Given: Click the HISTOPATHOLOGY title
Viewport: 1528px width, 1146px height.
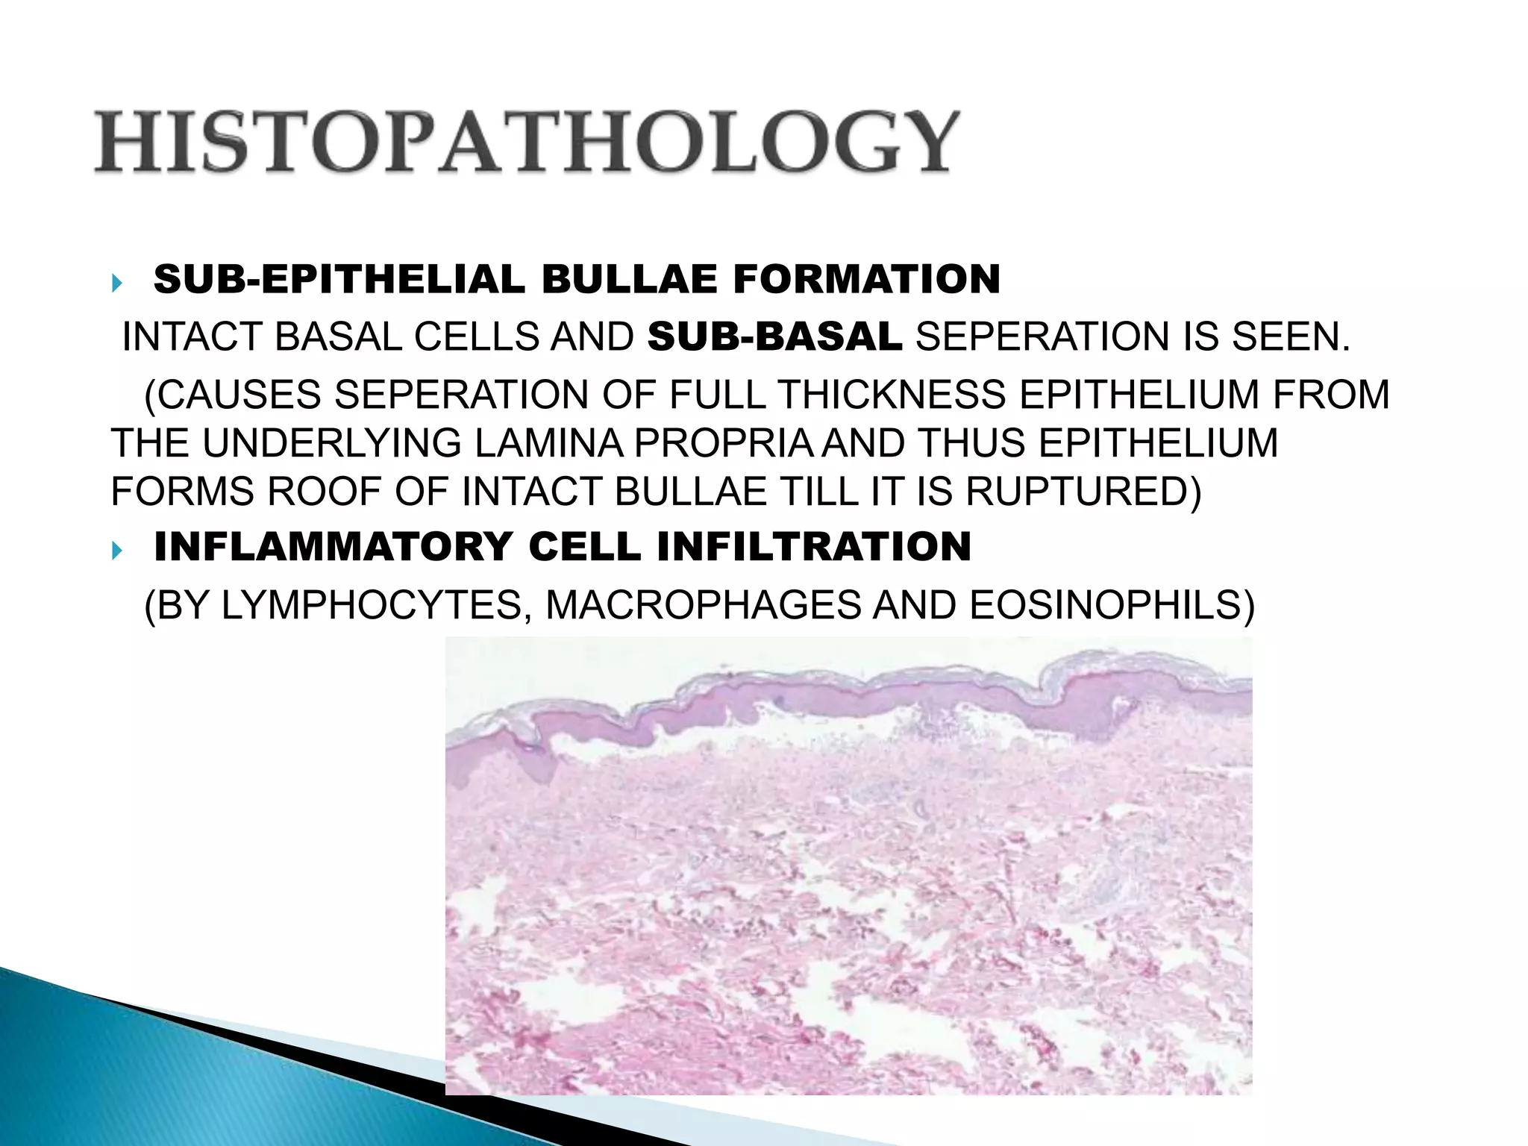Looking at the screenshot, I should (x=525, y=142).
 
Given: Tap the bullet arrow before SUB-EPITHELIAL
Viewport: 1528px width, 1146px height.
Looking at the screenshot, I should (x=116, y=283).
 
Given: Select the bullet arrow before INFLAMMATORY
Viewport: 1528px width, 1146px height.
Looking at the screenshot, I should (x=116, y=551).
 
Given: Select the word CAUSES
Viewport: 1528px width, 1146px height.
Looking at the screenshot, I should (x=239, y=395).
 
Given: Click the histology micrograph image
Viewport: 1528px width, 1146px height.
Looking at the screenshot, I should (x=848, y=865).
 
